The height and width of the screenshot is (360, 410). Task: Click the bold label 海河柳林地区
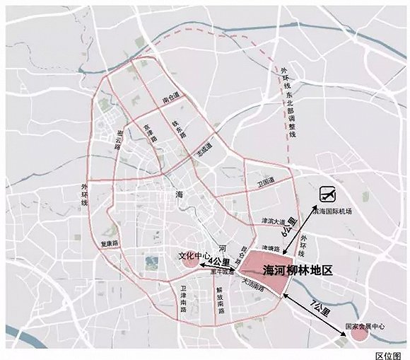click(x=297, y=270)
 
